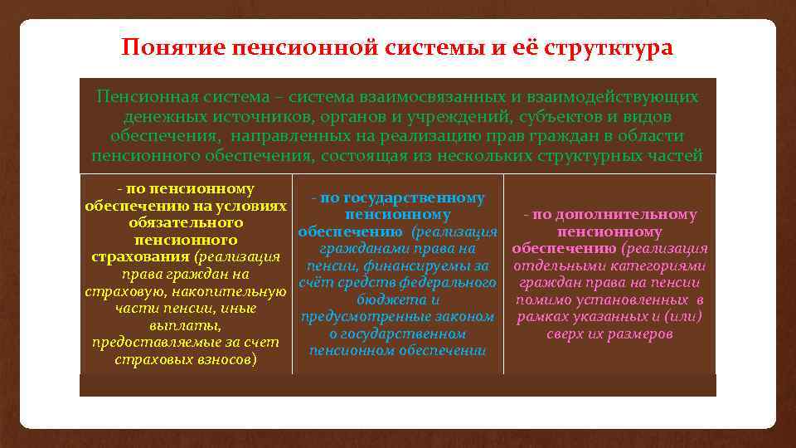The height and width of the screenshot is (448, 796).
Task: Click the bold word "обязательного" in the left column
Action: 186,223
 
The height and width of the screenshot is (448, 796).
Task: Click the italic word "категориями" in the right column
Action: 663,266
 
